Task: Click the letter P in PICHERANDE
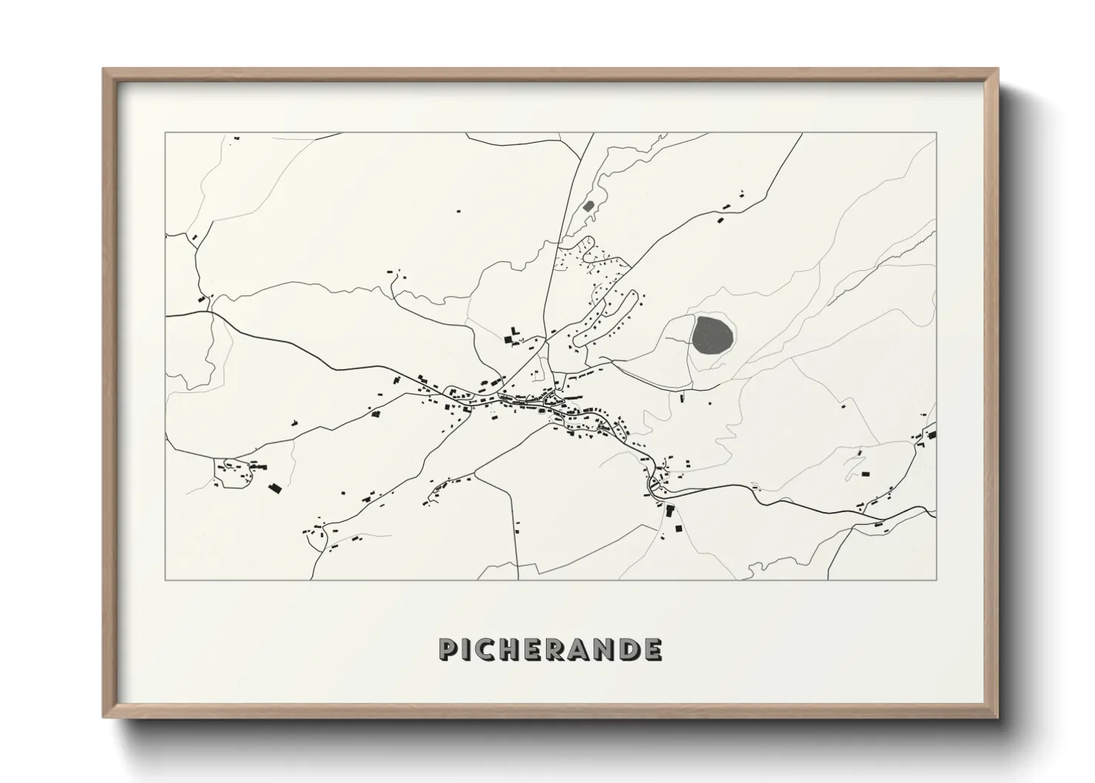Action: tap(448, 649)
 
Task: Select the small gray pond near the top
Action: tap(589, 206)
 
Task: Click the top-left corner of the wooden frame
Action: tap(104, 70)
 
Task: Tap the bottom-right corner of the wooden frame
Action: tap(998, 718)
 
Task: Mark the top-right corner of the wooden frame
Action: tap(998, 70)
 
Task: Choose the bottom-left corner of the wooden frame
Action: tap(104, 718)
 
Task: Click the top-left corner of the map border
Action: tap(166, 133)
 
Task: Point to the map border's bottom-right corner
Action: tap(936, 579)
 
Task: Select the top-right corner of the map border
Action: tap(936, 133)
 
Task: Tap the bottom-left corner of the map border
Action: tap(166, 579)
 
